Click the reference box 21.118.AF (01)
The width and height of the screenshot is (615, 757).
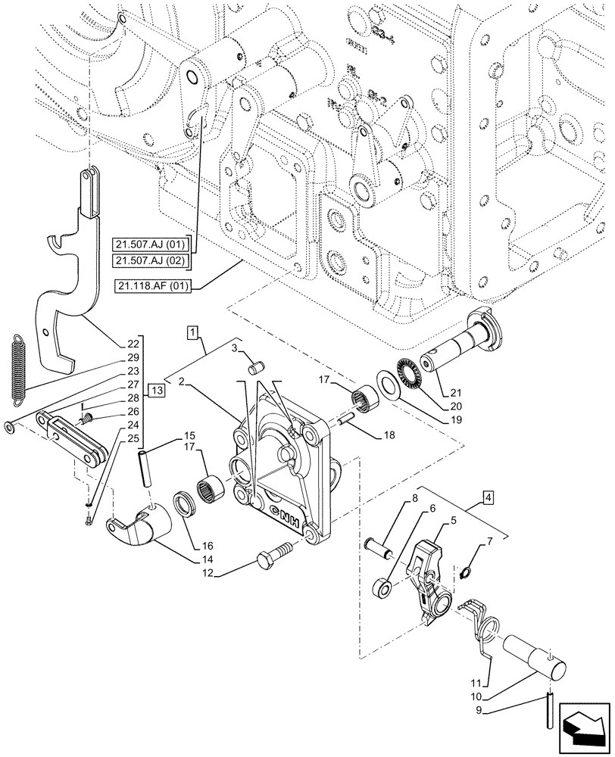click(155, 285)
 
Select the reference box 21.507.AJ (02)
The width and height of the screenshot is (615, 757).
click(151, 260)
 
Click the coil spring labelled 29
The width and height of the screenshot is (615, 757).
click(20, 366)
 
